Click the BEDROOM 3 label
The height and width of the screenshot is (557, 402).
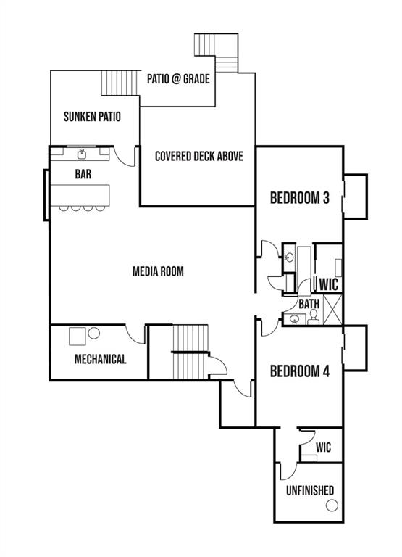pos(300,197)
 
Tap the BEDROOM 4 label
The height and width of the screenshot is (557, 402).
pos(300,371)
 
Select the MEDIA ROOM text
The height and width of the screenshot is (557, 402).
pos(158,272)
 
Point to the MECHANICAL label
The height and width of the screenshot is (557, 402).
pos(100,359)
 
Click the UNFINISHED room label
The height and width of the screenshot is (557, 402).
pos(309,490)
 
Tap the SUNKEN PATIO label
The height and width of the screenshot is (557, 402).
pos(92,116)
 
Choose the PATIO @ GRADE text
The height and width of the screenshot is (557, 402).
pos(178,78)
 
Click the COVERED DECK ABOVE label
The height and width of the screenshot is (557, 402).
pos(198,156)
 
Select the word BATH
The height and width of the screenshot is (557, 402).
pos(309,304)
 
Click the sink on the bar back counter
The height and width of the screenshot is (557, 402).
pos(82,154)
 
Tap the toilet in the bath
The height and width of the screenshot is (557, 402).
pos(313,318)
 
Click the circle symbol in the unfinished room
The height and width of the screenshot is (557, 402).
pos(330,490)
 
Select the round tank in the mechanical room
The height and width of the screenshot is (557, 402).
pos(94,334)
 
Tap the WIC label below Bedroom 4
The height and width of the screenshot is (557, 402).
pos(323,447)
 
